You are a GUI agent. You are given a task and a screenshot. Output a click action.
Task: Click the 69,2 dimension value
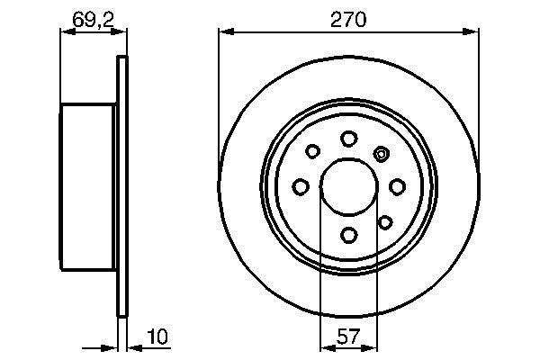(90, 18)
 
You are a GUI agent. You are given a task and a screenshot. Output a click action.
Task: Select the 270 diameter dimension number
(347, 18)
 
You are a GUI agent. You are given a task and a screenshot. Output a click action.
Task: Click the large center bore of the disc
(348, 186)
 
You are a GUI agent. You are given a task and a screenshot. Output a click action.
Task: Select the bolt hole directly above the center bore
(348, 138)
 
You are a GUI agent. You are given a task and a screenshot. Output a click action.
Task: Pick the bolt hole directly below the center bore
(348, 236)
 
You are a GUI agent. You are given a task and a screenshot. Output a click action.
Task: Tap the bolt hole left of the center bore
(301, 187)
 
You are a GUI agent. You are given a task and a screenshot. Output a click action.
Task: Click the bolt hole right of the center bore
(397, 187)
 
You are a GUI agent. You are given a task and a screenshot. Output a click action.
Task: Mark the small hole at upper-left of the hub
(312, 152)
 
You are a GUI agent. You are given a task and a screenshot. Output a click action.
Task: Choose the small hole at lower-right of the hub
(384, 221)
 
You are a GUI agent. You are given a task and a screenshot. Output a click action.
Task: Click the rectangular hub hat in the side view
(89, 187)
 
